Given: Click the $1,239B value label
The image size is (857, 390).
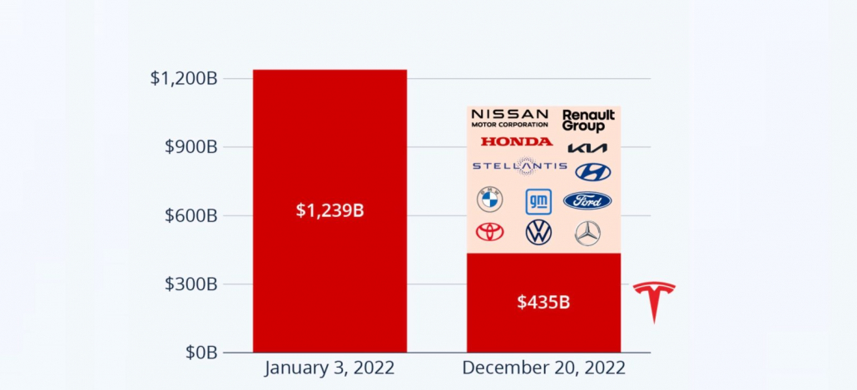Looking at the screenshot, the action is point(329,211).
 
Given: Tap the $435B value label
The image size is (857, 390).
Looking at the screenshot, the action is point(543,302).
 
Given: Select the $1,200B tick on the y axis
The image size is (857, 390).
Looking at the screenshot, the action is point(184,79).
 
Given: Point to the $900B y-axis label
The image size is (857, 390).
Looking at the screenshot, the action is point(191,147).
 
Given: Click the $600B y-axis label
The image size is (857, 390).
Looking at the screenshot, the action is point(191,215).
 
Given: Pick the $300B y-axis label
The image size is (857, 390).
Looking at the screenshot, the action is point(191,284).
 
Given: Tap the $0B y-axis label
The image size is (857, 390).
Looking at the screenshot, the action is point(201,353).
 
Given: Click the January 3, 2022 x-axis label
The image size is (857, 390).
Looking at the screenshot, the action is point(329,368).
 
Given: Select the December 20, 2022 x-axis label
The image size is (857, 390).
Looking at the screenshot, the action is point(543,368).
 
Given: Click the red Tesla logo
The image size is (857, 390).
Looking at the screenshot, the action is point(654,302).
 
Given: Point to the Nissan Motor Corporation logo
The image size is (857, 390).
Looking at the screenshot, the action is point(509,118).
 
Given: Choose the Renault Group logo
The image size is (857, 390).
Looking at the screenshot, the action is point(588,121).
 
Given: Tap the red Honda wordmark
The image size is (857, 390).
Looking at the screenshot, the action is point(517,142).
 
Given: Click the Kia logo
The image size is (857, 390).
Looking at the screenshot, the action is point(587,148).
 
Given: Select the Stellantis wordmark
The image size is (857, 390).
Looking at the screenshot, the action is point(520,166).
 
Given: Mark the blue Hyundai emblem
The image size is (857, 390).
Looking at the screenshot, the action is point(593,172).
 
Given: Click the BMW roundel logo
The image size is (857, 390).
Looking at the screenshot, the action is point(490,200).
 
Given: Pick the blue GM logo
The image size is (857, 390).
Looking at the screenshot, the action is point(538,201).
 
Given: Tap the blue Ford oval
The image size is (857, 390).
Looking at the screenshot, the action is point(587,201).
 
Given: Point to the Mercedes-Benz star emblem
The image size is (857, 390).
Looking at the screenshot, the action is point(588,233).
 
